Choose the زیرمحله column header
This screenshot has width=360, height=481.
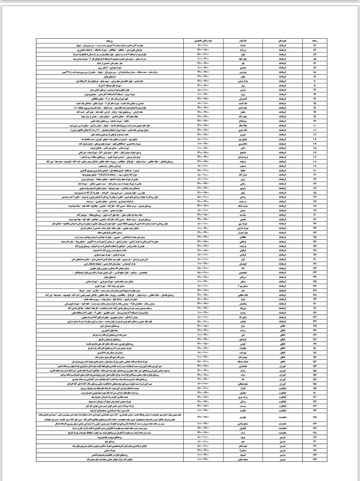click(113, 40)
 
